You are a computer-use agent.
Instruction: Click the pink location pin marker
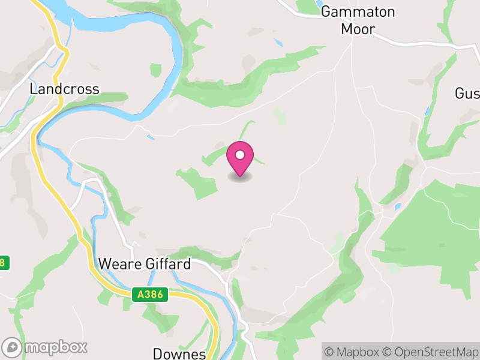coord(240,158)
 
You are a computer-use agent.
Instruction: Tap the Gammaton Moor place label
coord(358,20)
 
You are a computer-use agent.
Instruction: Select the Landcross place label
coord(64,89)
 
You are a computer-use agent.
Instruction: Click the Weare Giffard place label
coord(145,264)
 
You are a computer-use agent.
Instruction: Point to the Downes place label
coord(179,353)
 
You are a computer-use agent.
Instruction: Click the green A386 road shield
coord(149,294)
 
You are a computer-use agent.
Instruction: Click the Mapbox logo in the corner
coord(46,347)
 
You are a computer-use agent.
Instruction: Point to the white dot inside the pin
coord(240,155)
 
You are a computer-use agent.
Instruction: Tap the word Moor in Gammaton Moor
coord(358,29)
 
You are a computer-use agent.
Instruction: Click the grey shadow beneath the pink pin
coord(240,177)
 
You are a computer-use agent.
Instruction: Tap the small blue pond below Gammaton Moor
coord(278,43)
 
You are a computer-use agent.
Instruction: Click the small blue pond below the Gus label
coord(426,112)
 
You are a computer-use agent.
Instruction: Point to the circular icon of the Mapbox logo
coord(12,347)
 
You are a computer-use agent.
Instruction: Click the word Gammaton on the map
coord(358,11)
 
